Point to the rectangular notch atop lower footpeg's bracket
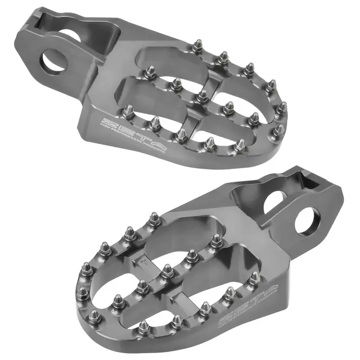pyautogui.click(x=296, y=177)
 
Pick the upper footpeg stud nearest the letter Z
pyautogui.click(x=128, y=111)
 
